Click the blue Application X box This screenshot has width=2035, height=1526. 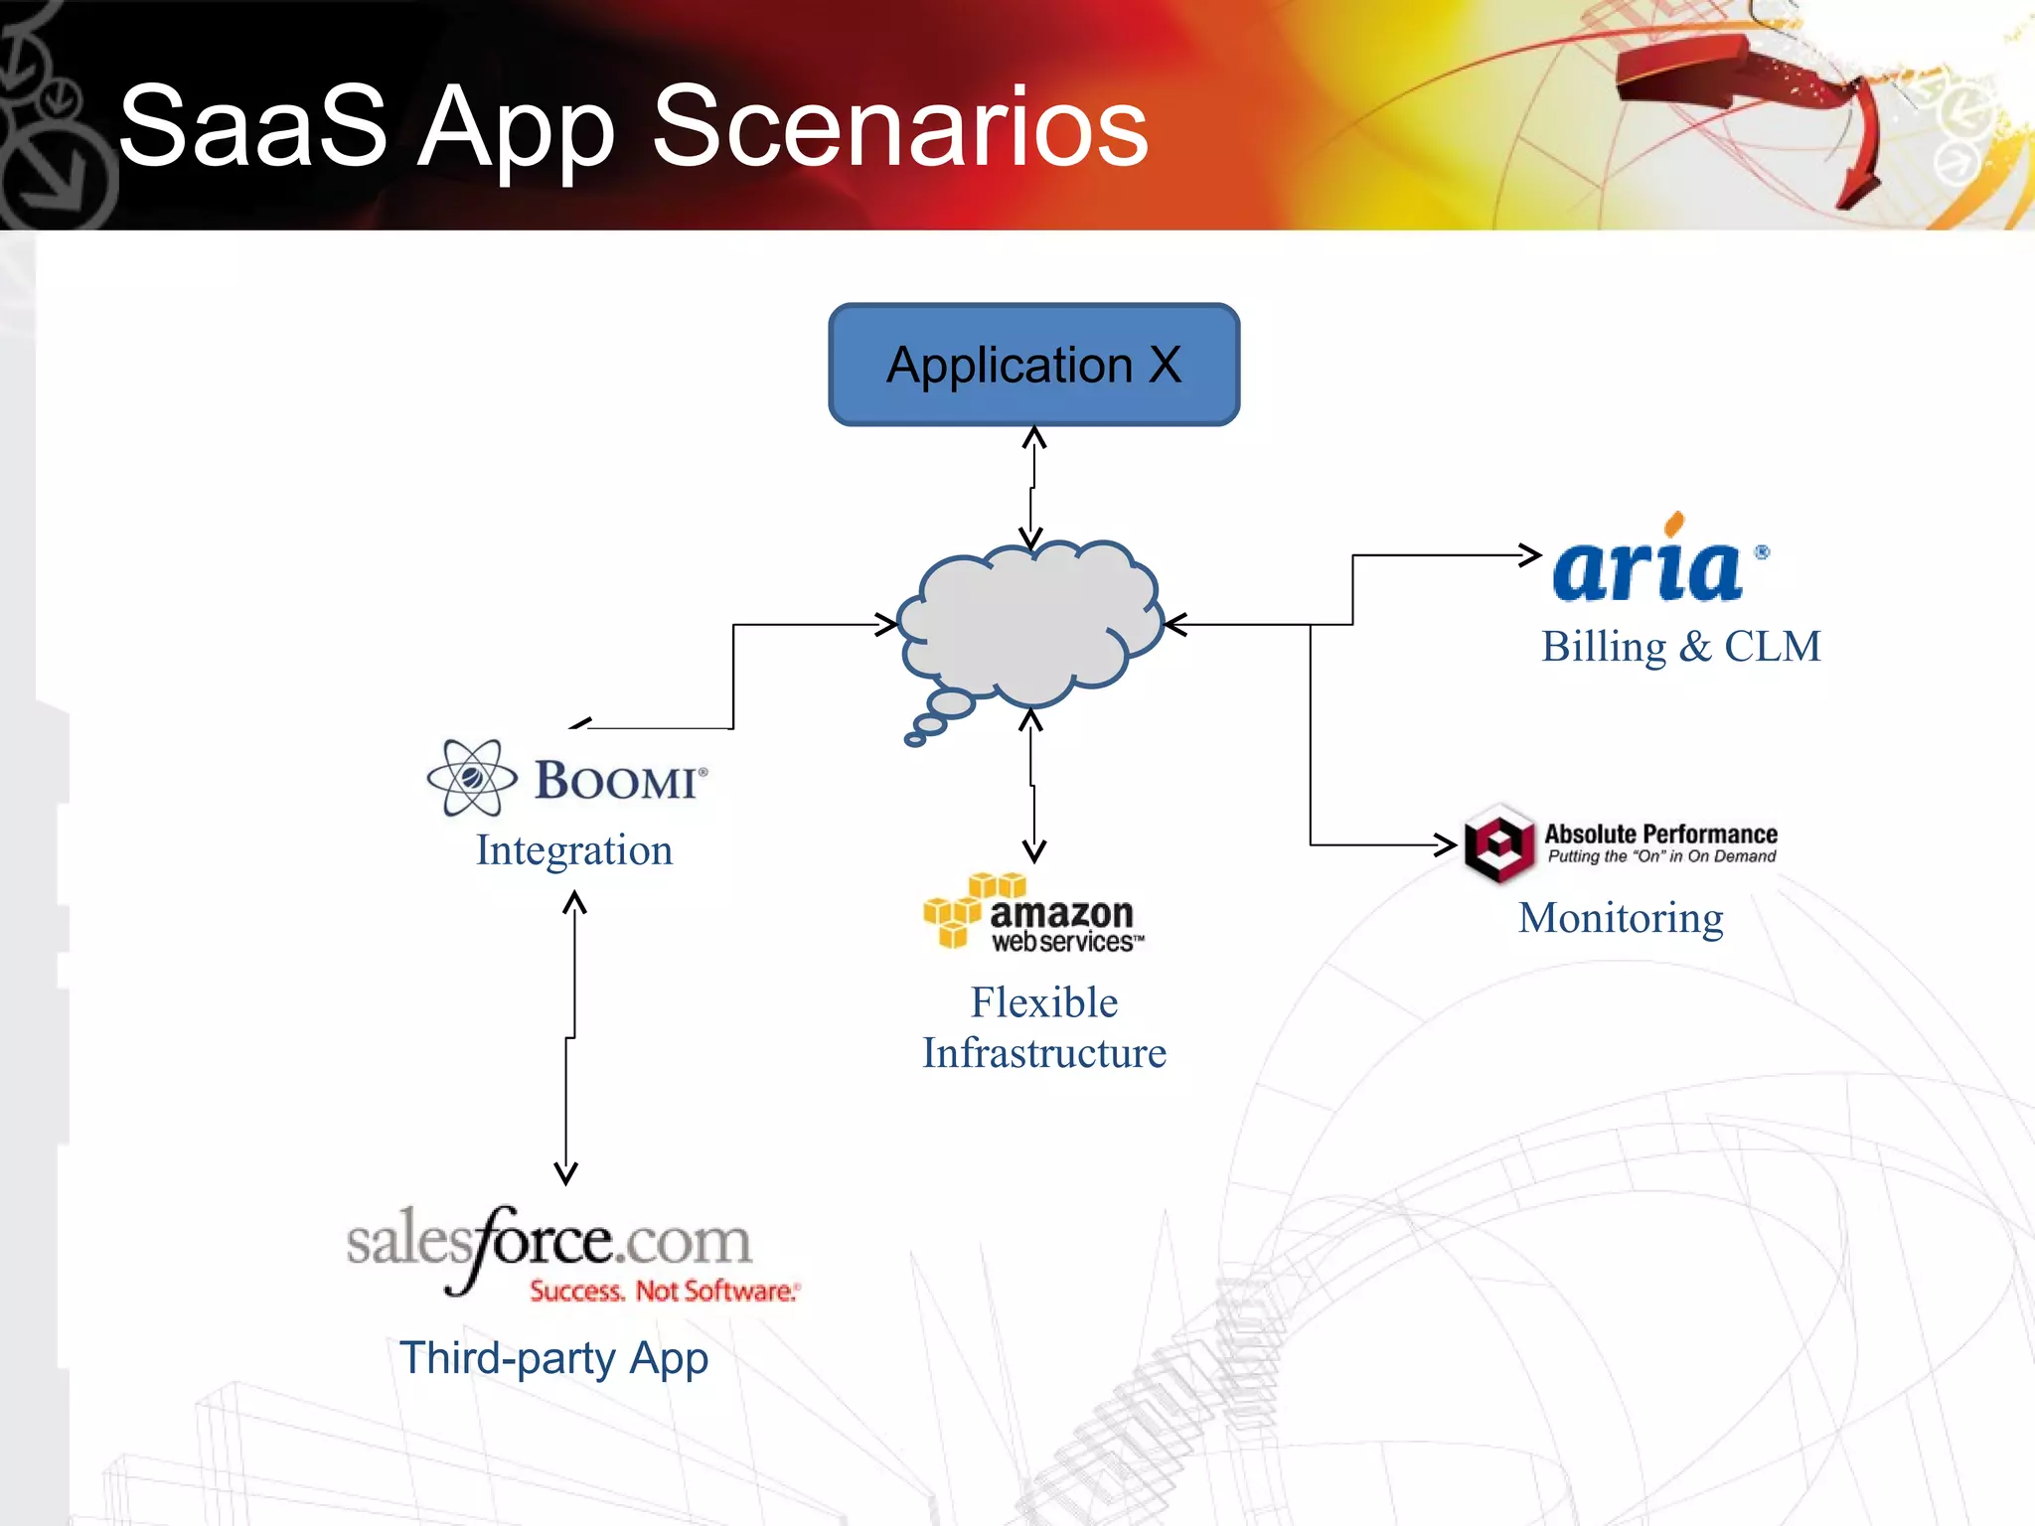tap(1033, 365)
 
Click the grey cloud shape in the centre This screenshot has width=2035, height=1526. tap(1033, 621)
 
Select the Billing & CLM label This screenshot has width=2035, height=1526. tap(1680, 647)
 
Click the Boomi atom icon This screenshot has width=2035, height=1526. tap(471, 778)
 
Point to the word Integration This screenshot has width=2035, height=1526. tap(574, 850)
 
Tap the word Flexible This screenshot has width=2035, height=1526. tap(1044, 1002)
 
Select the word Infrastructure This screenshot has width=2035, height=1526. tap(1044, 1053)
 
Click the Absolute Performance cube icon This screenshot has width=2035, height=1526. tap(1499, 844)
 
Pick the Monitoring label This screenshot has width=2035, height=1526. tap(1621, 918)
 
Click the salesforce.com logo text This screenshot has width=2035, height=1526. tap(548, 1242)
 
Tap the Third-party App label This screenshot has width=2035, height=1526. tap(553, 1358)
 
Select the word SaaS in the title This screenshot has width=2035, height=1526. tap(252, 126)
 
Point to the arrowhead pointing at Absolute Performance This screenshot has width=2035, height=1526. tap(1447, 844)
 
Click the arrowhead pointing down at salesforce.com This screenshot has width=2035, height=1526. tap(566, 1174)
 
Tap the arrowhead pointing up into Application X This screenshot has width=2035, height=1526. tap(1034, 437)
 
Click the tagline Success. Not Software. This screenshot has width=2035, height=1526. tap(664, 1291)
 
